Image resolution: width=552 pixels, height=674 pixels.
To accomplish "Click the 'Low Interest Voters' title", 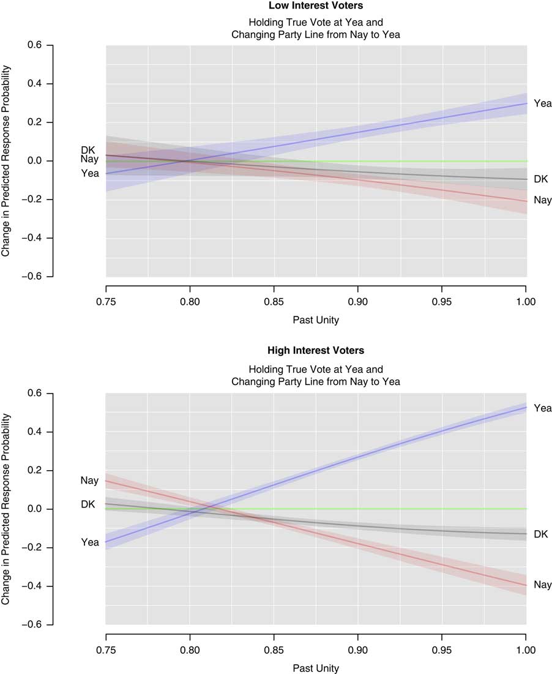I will pos(316,6).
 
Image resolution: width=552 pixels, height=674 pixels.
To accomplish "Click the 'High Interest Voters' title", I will pos(316,351).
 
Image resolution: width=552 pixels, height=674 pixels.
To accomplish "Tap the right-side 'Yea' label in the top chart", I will pos(542,103).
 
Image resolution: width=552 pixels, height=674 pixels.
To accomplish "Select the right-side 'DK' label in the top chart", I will pos(540,179).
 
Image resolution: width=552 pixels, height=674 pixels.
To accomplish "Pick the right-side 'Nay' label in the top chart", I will pos(542,200).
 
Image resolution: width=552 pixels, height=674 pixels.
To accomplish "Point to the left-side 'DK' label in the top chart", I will pos(89,150).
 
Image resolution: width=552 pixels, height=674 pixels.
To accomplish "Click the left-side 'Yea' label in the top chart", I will pos(90,173).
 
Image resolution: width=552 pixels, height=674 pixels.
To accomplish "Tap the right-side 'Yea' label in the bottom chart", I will pos(542,408).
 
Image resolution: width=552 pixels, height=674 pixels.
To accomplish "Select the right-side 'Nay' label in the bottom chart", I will pos(542,585).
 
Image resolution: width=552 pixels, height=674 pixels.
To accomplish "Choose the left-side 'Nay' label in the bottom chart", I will pos(89,481).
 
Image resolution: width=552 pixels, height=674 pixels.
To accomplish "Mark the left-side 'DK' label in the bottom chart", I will pos(89,504).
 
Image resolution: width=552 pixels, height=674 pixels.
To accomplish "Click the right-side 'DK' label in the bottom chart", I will pos(540,534).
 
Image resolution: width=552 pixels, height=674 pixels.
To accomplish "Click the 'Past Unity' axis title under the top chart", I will pos(316,319).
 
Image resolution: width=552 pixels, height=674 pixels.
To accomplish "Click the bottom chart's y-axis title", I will pos(6,509).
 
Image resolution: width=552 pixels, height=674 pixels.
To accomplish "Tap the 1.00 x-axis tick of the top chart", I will pos(526,301).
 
